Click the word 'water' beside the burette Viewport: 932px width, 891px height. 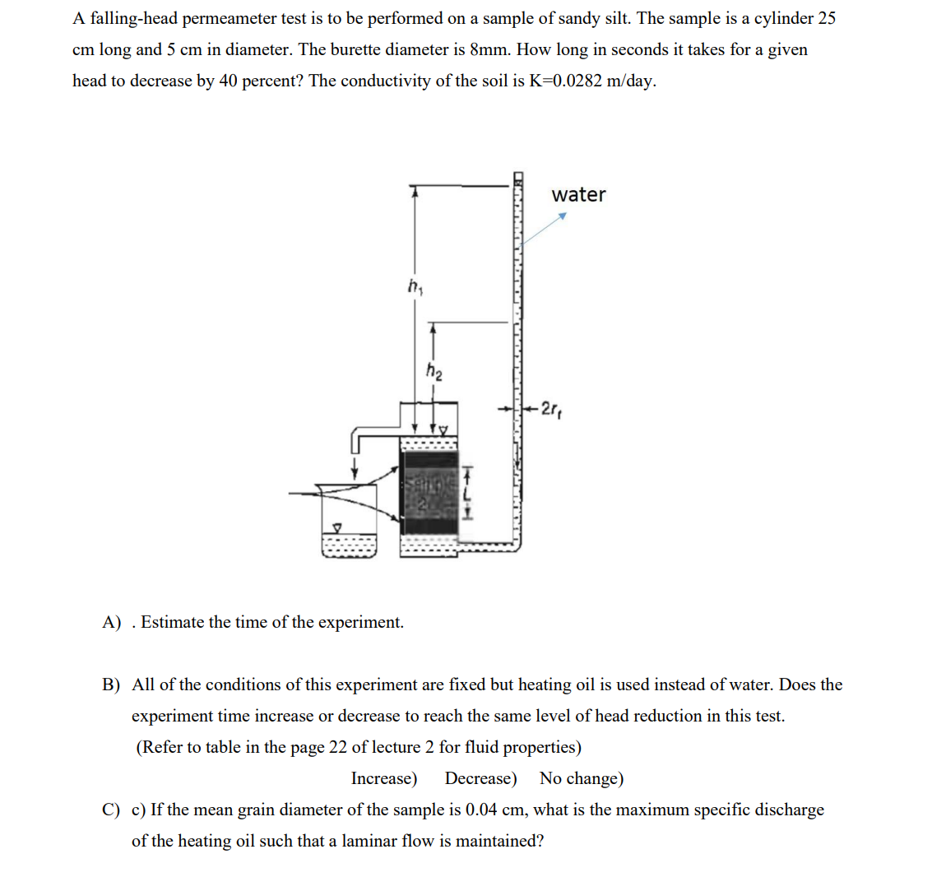pos(578,195)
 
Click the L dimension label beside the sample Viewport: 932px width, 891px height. pos(467,494)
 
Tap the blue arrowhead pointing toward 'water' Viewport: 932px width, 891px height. pos(563,216)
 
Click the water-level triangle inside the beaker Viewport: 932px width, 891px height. pos(336,525)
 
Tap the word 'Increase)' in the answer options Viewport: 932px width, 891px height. pos(384,778)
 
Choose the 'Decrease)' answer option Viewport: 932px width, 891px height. pos(480,778)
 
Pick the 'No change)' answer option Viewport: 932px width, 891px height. pos(581,778)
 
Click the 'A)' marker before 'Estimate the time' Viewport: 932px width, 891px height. pos(111,623)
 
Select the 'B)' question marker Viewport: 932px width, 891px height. pos(111,685)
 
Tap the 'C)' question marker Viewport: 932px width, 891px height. pos(111,810)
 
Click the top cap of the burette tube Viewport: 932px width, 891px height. pos(518,177)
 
